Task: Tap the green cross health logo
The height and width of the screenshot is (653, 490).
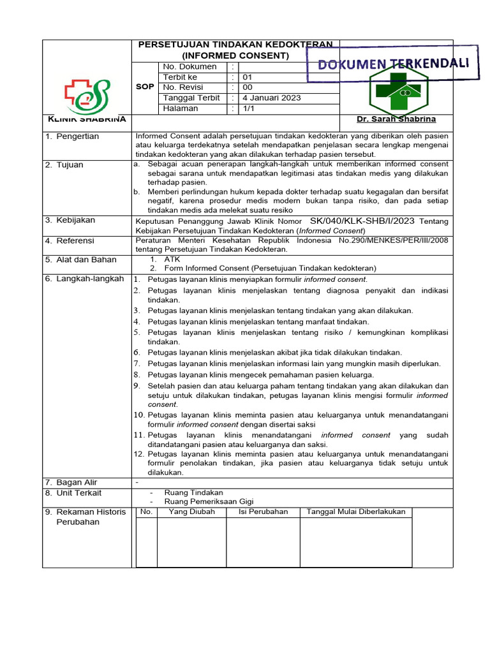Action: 395,92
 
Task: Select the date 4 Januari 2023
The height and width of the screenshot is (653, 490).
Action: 271,98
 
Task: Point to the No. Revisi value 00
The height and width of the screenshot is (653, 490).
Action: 248,87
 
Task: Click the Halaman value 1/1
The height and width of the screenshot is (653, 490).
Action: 248,108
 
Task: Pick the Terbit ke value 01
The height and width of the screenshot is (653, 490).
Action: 248,77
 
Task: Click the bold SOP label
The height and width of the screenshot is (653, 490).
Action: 145,87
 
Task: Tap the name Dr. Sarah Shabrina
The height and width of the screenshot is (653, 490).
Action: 396,120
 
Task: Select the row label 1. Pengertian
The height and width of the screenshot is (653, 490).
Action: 72,136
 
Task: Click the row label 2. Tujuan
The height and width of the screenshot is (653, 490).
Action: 64,165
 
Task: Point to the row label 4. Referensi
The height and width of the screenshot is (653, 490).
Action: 70,240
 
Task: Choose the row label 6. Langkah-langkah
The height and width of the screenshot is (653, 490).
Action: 84,279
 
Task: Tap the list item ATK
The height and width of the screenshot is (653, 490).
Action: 172,259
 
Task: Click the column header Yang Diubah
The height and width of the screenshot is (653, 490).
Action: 191,511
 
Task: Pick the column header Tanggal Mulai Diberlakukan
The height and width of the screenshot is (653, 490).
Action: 356,511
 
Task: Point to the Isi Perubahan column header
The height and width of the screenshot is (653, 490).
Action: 263,511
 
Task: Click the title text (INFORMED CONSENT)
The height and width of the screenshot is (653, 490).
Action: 235,55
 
